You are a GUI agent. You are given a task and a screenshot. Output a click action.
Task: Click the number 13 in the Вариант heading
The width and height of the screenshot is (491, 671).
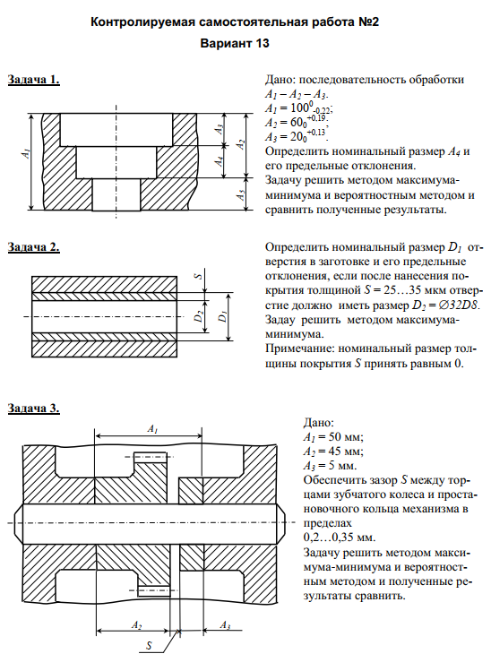point(261,43)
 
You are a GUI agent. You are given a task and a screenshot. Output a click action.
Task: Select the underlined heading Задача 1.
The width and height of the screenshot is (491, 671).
point(34,80)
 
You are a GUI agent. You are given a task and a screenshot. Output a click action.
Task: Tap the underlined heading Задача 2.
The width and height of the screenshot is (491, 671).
point(34,247)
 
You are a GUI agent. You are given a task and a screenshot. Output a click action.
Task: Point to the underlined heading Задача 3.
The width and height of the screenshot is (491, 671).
point(34,409)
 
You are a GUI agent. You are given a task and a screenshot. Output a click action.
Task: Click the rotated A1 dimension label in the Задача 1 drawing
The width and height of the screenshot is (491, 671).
point(26,152)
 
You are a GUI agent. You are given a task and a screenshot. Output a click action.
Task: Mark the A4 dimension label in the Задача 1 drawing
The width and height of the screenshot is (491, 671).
point(220,161)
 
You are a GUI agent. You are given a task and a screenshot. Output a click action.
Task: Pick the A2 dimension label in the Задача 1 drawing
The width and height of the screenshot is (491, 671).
point(241,144)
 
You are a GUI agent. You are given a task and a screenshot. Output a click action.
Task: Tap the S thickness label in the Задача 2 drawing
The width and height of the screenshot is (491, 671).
point(198,276)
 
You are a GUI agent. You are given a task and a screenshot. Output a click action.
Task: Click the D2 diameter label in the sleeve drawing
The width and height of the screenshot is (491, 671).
point(198,316)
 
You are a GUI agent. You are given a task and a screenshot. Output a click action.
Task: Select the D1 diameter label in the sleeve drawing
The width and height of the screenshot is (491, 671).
point(222,316)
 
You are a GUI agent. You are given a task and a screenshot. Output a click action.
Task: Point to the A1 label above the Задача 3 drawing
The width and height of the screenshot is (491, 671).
point(152,428)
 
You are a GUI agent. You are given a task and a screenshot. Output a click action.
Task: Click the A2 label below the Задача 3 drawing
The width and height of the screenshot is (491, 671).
point(136,625)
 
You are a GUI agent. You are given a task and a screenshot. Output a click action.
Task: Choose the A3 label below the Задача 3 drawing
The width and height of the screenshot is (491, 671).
point(225,625)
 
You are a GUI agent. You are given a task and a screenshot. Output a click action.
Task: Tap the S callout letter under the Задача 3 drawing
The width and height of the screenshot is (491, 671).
point(149,645)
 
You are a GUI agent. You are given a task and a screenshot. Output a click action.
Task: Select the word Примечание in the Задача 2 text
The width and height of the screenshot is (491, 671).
point(299,348)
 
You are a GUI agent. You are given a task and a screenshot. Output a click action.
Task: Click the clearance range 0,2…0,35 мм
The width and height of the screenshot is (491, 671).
point(339,538)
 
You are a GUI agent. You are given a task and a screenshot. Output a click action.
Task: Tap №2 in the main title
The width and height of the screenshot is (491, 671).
point(369,22)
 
